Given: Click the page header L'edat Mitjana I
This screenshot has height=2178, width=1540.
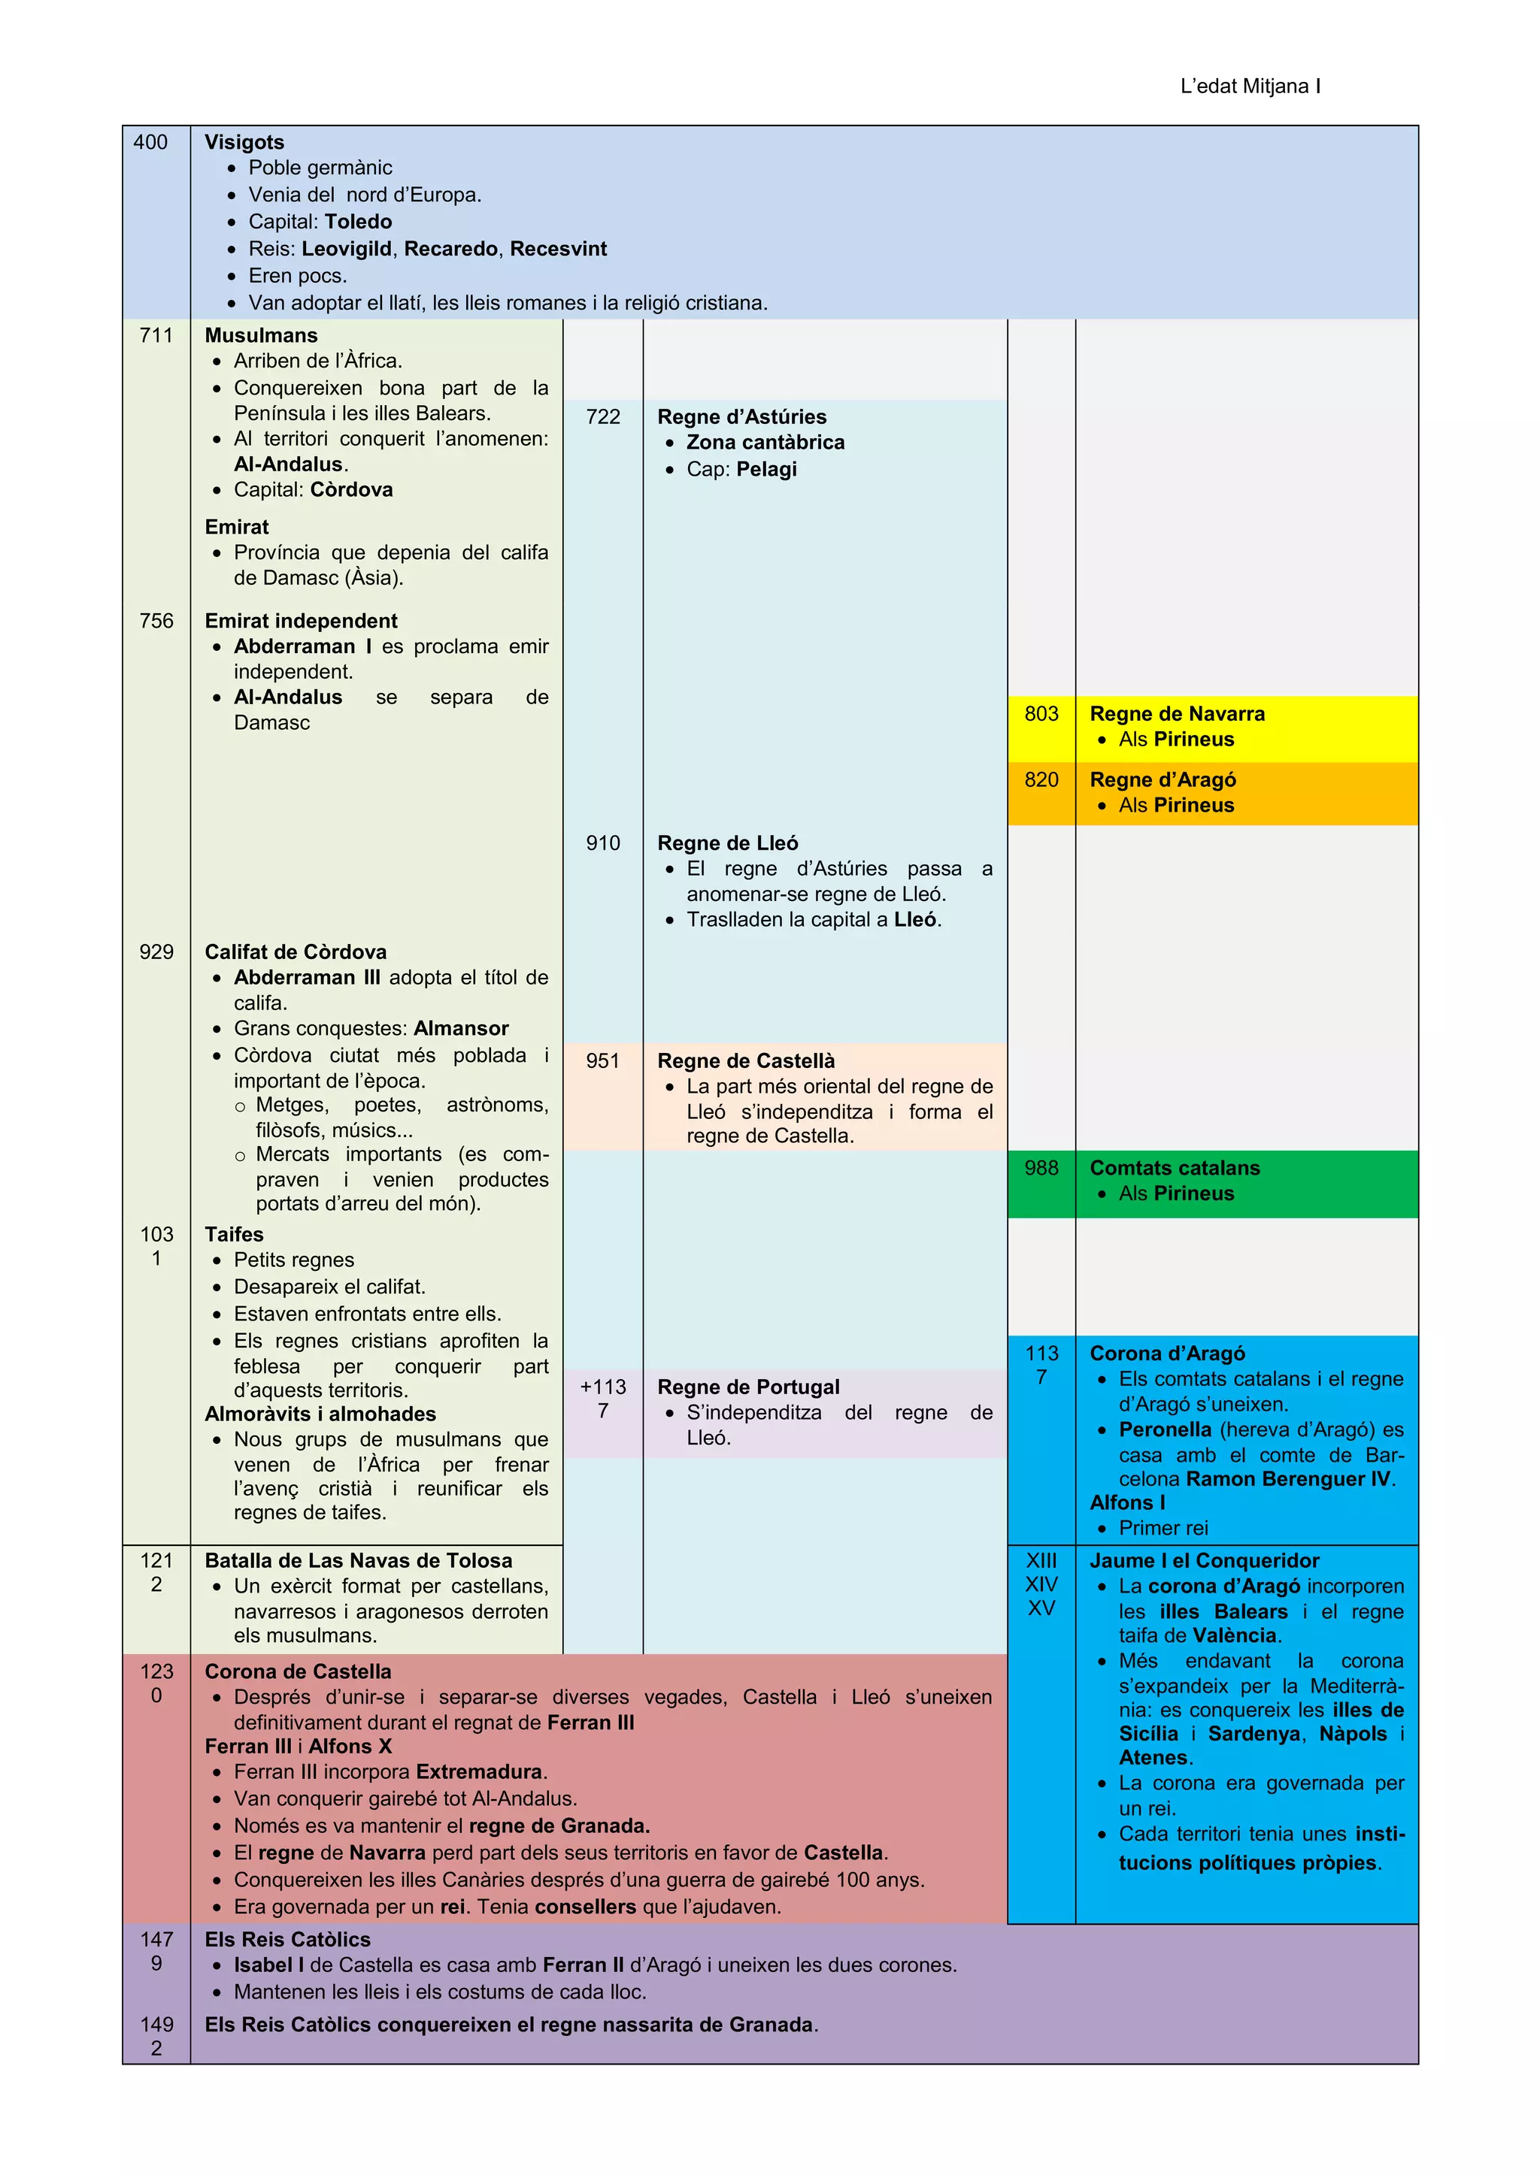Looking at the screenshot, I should coord(1250,86).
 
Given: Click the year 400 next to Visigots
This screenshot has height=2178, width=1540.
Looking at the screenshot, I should coord(150,142).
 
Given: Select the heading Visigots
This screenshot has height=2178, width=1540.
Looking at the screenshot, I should coord(244,142).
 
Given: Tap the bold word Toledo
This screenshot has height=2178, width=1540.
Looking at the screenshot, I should coord(358,222).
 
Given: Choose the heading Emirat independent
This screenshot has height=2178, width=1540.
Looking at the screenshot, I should coord(301,622).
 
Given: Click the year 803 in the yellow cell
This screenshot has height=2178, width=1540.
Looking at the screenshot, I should coord(1041,714).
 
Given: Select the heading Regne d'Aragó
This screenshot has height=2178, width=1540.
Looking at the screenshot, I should coord(1163,780).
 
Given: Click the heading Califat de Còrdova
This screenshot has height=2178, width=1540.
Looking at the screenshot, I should coord(295,952).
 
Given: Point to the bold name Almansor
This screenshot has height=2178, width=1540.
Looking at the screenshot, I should coord(461,1028).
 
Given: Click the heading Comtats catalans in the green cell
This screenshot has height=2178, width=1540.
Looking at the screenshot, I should coord(1175,1169).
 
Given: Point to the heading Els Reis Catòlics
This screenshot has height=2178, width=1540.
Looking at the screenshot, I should coord(287,1940).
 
